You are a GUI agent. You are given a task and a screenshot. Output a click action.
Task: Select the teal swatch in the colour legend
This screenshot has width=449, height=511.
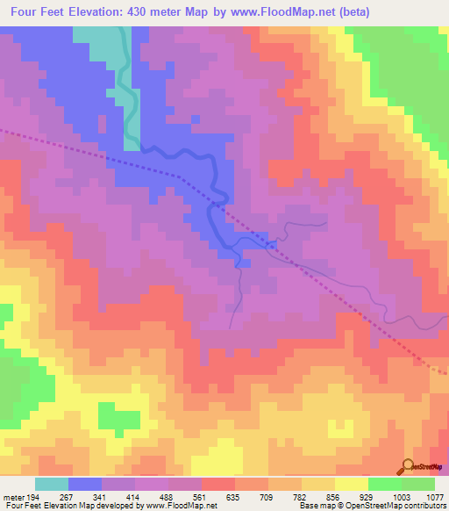[52, 484]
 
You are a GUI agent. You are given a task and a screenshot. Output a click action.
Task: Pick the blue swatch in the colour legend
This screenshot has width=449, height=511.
[85, 484]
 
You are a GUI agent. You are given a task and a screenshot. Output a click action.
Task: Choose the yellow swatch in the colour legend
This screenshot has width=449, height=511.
[352, 484]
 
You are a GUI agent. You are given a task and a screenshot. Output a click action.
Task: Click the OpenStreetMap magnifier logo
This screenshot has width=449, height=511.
[407, 465]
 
